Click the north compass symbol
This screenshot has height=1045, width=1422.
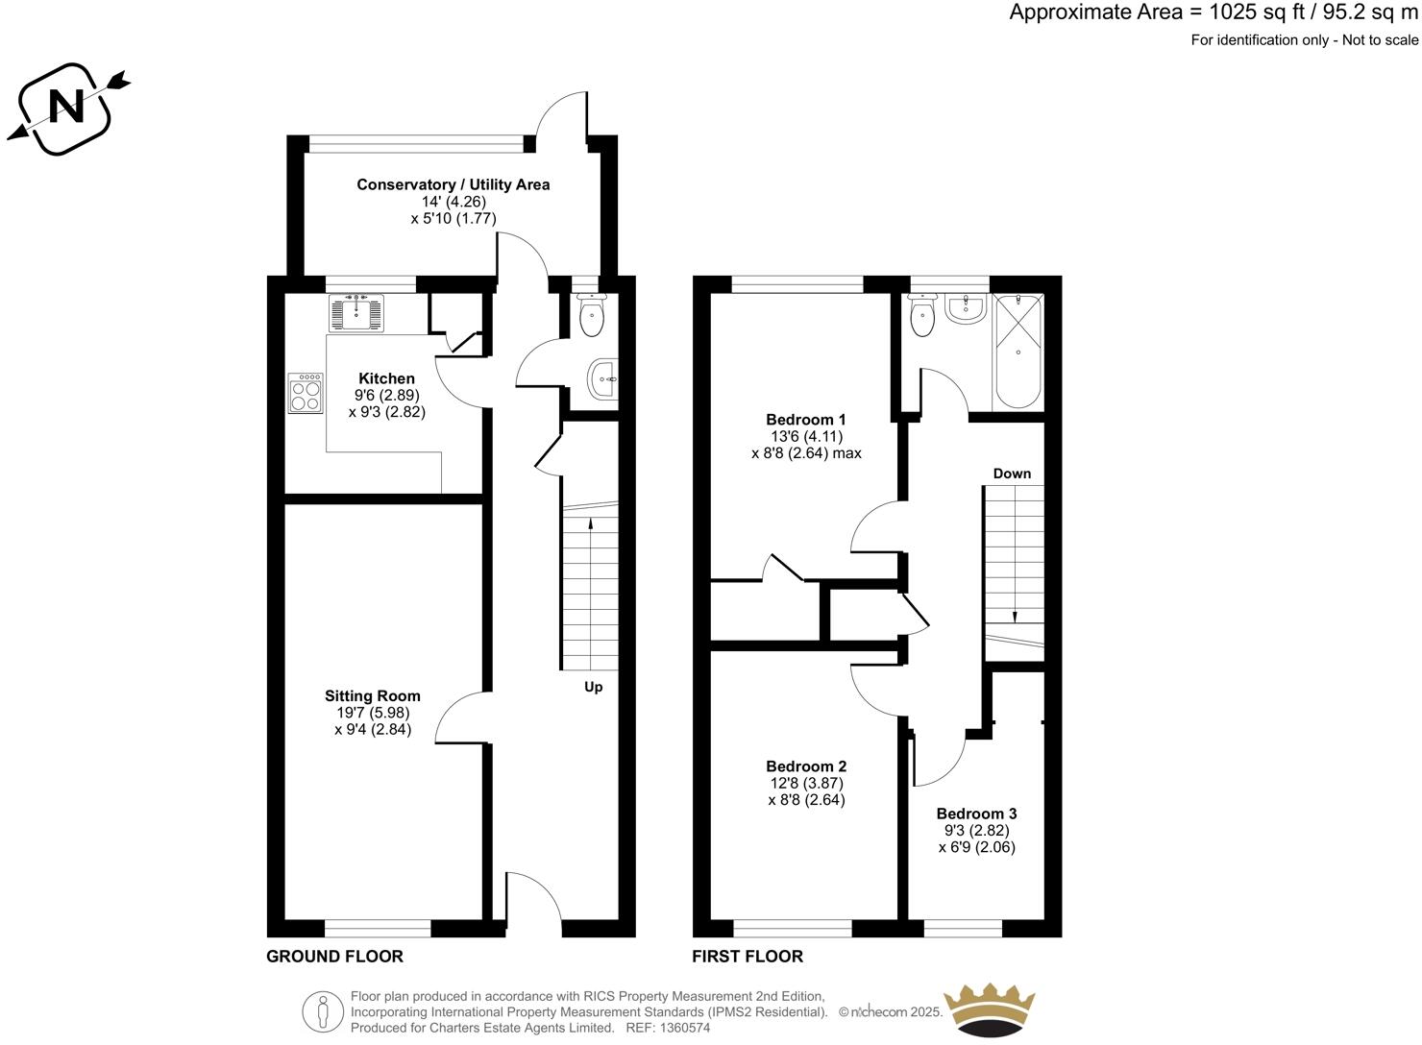click(x=67, y=107)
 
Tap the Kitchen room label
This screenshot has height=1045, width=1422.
click(x=386, y=378)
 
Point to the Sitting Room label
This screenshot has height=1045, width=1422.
click(x=372, y=695)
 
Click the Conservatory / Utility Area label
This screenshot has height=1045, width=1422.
click(x=453, y=184)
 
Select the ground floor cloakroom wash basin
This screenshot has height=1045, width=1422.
click(x=603, y=380)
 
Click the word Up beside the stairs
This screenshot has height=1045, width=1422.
click(x=594, y=687)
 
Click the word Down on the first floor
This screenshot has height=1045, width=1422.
click(x=1012, y=474)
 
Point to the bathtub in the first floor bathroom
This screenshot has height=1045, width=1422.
click(x=1017, y=352)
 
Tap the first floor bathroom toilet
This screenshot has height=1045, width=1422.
click(x=923, y=317)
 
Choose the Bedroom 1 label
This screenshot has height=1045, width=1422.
click(x=805, y=420)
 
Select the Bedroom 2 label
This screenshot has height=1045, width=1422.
click(x=805, y=766)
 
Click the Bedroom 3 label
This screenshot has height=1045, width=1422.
click(x=976, y=814)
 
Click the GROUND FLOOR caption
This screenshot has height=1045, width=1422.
click(x=334, y=957)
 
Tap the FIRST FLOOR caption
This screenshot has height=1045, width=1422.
click(x=748, y=957)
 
